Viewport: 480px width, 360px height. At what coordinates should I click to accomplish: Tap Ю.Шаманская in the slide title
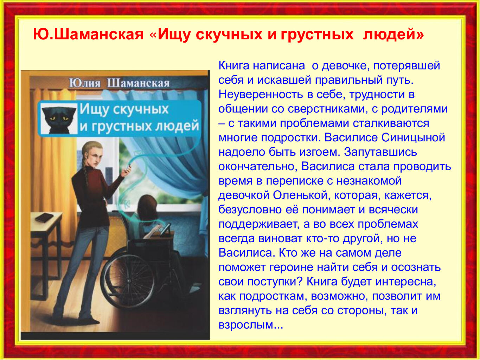88,34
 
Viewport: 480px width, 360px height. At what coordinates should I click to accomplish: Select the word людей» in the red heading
393,35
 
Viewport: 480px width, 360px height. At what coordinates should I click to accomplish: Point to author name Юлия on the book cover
85,83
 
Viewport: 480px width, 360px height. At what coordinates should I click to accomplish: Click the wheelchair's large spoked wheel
128,281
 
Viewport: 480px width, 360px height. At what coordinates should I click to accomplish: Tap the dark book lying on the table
44,217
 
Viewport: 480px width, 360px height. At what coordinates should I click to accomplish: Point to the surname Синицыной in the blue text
413,138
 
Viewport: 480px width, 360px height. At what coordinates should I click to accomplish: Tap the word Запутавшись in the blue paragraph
380,152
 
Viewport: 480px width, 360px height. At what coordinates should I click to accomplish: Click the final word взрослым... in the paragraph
251,326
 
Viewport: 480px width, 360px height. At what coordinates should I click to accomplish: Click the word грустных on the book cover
122,127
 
